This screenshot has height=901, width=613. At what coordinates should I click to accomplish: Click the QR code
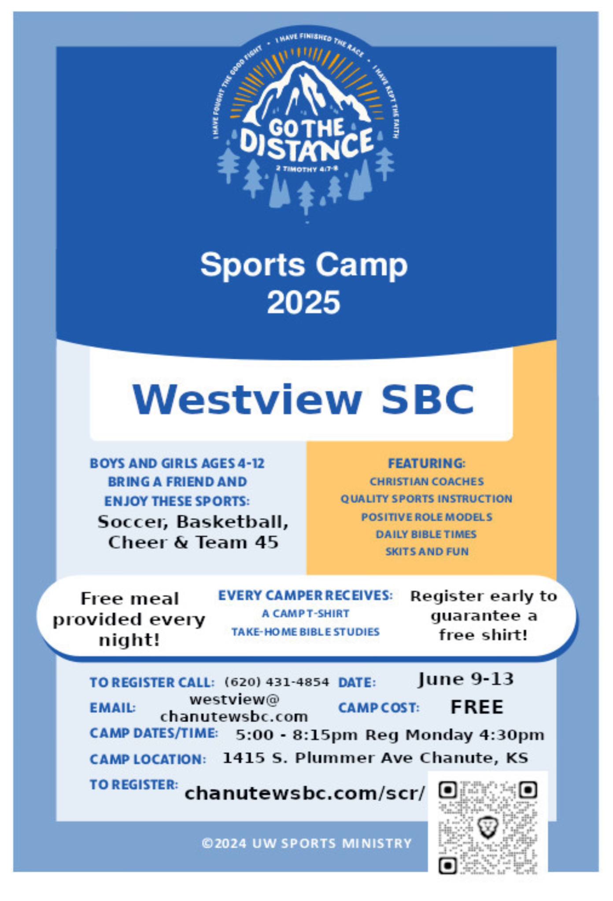coord(488,827)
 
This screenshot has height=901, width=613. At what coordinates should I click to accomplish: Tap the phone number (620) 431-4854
coord(277,682)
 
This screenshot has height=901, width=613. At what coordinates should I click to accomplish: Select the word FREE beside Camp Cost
coord(477,707)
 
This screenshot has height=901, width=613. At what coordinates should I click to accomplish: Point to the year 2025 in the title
coord(303,302)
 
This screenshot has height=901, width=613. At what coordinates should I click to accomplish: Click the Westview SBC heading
coord(303,399)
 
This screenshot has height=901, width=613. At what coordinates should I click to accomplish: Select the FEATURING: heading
coord(426,463)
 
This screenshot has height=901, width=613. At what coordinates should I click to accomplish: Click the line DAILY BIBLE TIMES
coord(426,534)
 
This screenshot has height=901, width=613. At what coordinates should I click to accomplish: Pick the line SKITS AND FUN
coord(427,551)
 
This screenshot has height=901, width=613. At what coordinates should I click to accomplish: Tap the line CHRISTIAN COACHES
coord(426,481)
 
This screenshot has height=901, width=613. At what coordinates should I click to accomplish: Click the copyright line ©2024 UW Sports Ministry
coord(306,843)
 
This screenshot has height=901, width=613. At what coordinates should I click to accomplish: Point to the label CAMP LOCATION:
coord(148,759)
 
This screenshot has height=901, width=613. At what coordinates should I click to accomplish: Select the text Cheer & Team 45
coord(193,542)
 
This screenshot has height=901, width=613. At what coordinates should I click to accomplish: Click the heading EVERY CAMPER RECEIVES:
coord(305,595)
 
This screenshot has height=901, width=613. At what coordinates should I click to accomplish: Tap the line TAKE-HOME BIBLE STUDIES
coord(305,632)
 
